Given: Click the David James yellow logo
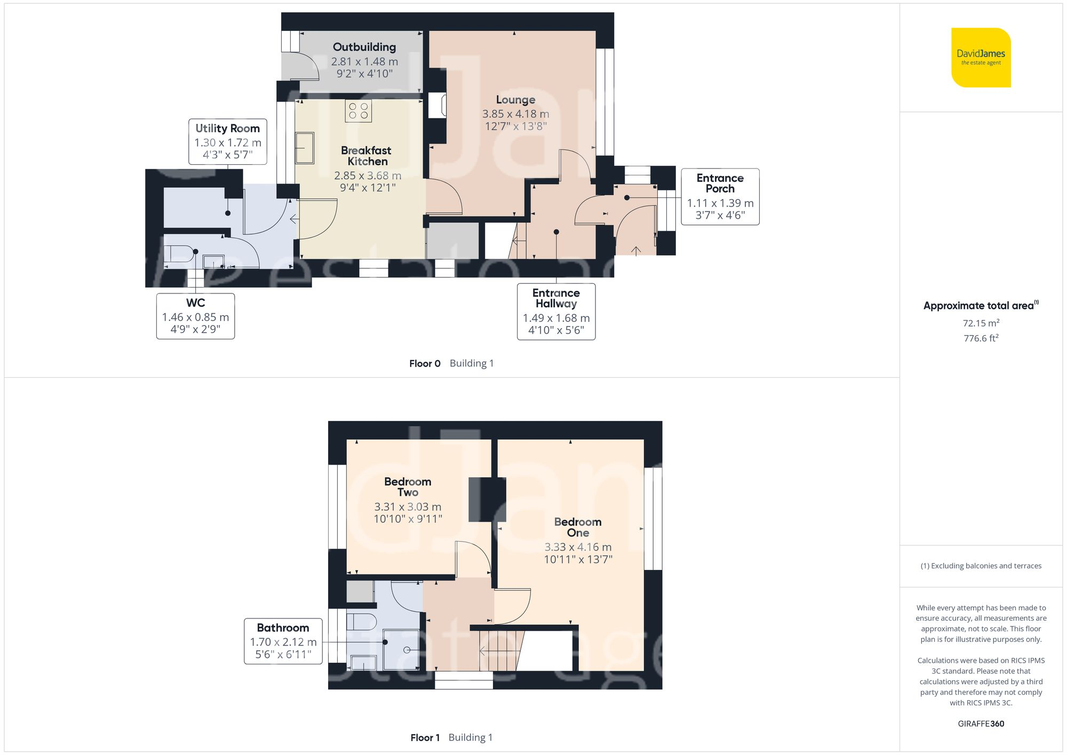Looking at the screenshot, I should (x=981, y=58).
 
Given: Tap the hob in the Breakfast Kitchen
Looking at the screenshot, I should (x=358, y=111).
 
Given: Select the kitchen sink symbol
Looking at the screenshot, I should (x=305, y=148).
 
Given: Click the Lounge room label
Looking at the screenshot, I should (x=515, y=100).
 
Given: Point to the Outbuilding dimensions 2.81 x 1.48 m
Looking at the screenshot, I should (x=364, y=62).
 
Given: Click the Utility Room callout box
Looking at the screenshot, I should (x=228, y=141).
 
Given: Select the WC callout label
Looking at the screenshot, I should (x=195, y=316).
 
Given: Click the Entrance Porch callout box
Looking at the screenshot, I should (x=720, y=196).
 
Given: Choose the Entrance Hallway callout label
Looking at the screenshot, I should (x=556, y=311).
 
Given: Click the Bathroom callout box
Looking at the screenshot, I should (x=283, y=641).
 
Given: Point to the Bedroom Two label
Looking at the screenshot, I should (x=408, y=487).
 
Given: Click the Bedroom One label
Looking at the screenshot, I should (x=578, y=527).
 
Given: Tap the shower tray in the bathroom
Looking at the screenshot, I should (x=401, y=649).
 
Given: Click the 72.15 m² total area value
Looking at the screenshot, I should (x=981, y=323).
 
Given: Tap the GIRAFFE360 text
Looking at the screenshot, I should (x=981, y=724).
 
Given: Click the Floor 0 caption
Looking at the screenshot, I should (x=425, y=363).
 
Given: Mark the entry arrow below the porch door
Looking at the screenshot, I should (x=636, y=250).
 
